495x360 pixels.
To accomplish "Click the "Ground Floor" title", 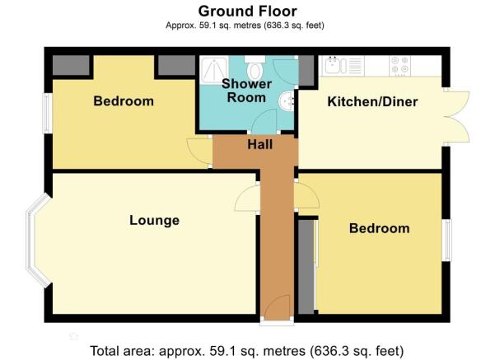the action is (x=247, y=12).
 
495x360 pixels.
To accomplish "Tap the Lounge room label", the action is (x=154, y=220).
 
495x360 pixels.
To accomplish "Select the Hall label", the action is (x=259, y=144).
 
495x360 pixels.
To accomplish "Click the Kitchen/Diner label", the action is (x=372, y=101).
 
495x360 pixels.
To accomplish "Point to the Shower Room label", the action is (x=246, y=91).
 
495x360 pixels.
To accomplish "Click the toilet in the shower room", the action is (x=255, y=68).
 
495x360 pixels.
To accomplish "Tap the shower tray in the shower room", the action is (x=213, y=70).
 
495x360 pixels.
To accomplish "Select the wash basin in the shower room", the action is (x=287, y=101).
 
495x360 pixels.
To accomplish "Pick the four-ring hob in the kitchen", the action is (x=400, y=66).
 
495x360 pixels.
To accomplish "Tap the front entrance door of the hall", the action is (x=277, y=308).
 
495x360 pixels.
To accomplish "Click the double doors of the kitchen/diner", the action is (x=456, y=117).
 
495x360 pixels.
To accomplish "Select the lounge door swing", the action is (x=246, y=198).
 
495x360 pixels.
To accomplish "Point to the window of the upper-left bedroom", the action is (x=47, y=113).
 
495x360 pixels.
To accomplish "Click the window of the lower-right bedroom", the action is (x=446, y=241).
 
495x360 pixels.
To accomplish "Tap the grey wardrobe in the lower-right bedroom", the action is (x=306, y=267).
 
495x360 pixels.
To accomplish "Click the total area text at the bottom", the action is (x=247, y=351).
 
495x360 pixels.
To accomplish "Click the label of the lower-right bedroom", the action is (x=379, y=228).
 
